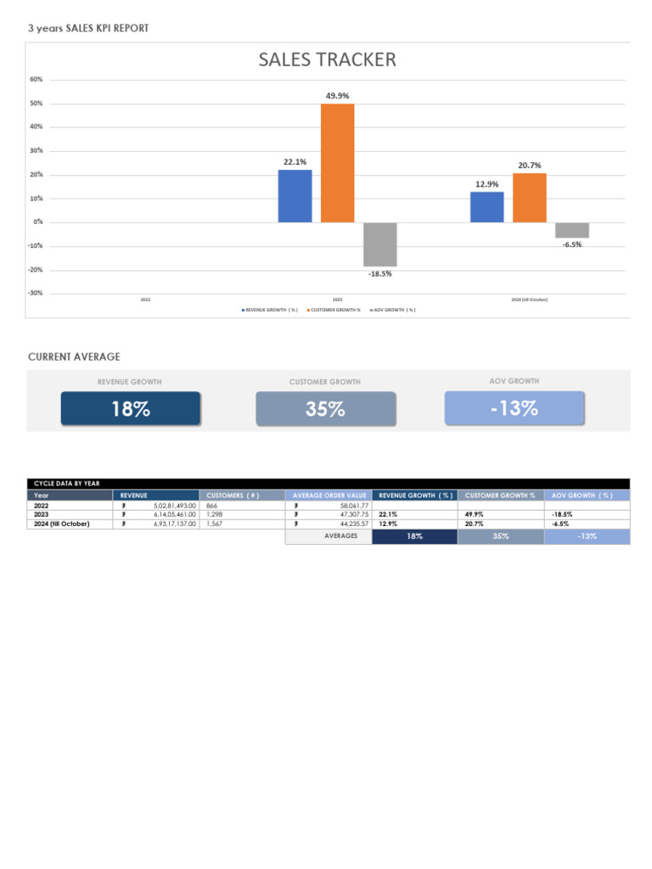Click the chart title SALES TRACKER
[x=327, y=60]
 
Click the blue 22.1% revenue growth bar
[x=295, y=196]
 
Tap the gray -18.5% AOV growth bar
[x=379, y=244]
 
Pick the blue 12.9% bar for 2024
[x=486, y=207]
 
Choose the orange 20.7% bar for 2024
[x=530, y=198]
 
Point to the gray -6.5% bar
[x=572, y=230]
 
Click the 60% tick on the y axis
[x=37, y=79]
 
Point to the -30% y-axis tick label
[x=36, y=293]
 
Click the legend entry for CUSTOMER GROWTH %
[x=335, y=310]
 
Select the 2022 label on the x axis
[x=145, y=300]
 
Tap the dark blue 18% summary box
[x=131, y=408]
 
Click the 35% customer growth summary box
[x=325, y=408]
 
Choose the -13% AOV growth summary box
[x=514, y=407]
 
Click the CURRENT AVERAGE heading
[x=74, y=357]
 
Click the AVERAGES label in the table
[x=340, y=536]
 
